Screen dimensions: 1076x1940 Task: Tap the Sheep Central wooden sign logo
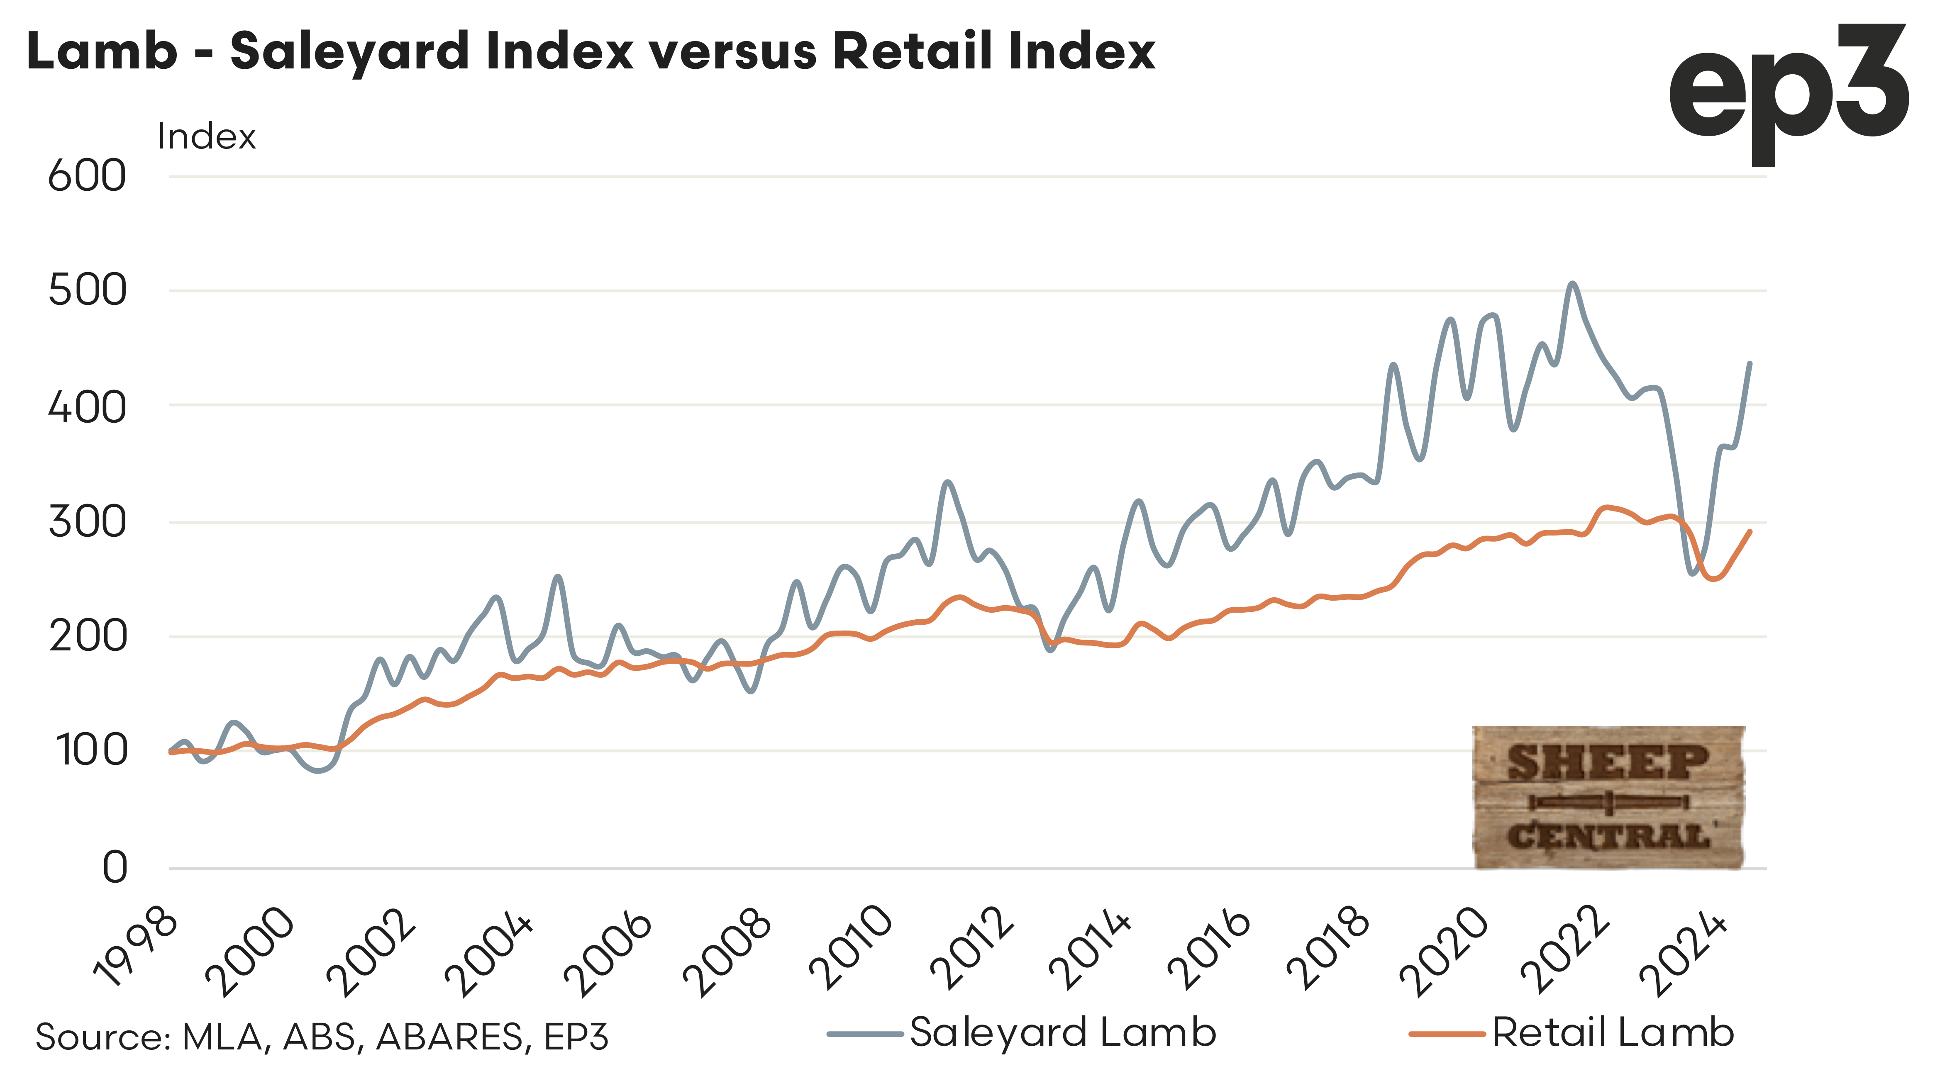pyautogui.click(x=1608, y=797)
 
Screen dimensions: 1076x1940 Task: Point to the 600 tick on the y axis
pyautogui.click(x=87, y=177)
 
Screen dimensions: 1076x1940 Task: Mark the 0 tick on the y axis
pyautogui.click(x=115, y=867)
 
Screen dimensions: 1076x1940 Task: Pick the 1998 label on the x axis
pyautogui.click(x=136, y=950)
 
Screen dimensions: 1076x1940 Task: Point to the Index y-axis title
pyautogui.click(x=206, y=137)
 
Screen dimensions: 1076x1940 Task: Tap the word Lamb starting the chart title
pyautogui.click(x=102, y=51)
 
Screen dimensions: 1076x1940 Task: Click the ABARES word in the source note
pyautogui.click(x=449, y=1037)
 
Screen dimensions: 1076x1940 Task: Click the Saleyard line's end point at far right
pyautogui.click(x=1750, y=363)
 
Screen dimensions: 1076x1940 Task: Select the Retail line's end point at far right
pyautogui.click(x=1750, y=532)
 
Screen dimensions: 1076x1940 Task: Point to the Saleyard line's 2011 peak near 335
pyautogui.click(x=947, y=482)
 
